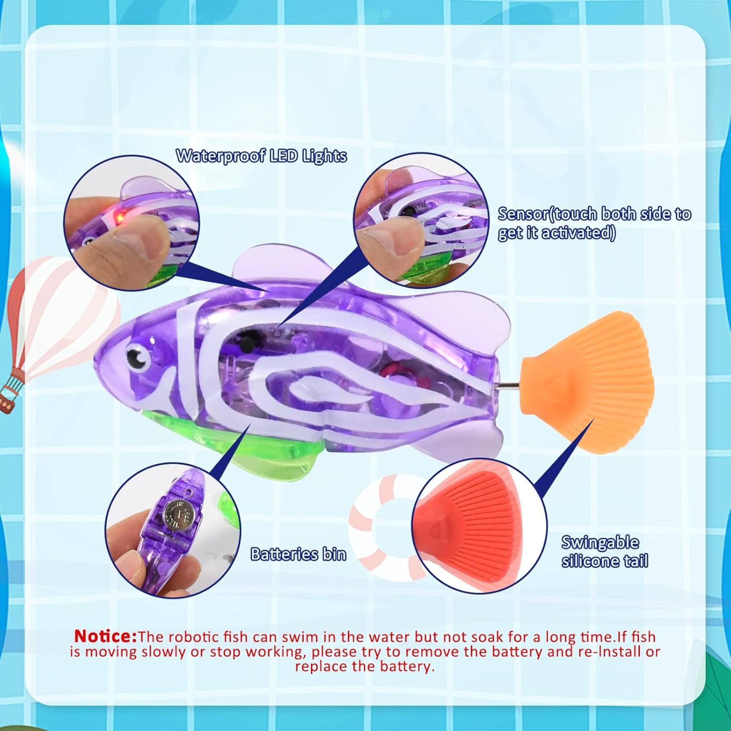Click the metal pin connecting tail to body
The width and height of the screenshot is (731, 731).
tap(507, 385)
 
